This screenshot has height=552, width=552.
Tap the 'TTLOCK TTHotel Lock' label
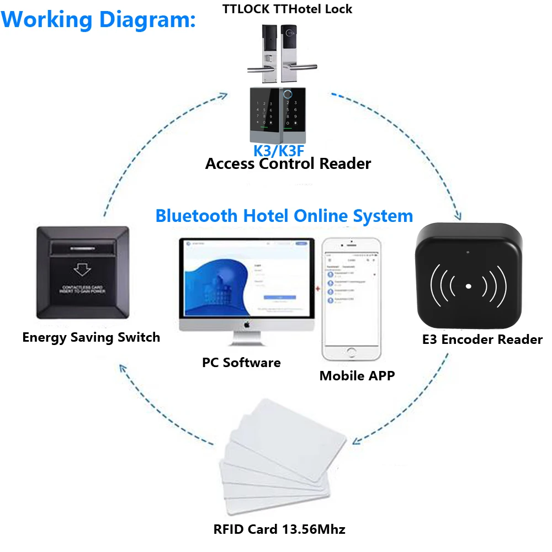click(x=287, y=9)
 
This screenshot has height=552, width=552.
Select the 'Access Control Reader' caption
click(x=288, y=164)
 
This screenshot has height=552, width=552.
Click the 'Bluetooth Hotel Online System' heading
click(x=284, y=215)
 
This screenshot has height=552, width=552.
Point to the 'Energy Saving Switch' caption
click(x=91, y=337)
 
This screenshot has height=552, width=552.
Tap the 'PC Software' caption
click(x=241, y=363)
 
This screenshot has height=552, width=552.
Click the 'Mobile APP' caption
click(x=357, y=376)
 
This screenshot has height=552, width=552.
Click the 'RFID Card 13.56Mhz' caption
click(x=279, y=529)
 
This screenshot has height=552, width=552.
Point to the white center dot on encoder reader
click(x=468, y=286)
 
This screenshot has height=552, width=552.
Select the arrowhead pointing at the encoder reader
click(x=458, y=216)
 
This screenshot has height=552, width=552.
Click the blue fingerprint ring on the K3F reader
click(x=287, y=94)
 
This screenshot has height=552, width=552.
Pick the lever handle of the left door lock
click(x=259, y=69)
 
